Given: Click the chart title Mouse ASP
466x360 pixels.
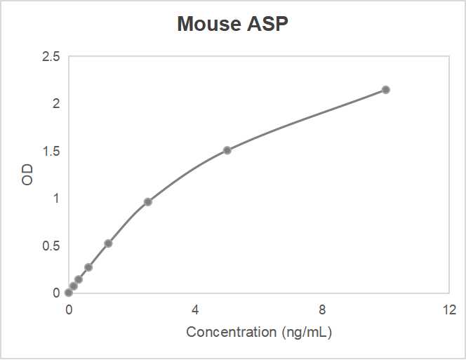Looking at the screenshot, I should [232, 24].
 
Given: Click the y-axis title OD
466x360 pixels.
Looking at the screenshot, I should [27, 175].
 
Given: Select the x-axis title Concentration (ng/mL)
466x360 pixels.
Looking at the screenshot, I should [258, 332].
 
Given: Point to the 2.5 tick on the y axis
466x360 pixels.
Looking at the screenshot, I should [51, 56].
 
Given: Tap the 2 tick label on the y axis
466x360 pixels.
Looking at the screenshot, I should [56, 104].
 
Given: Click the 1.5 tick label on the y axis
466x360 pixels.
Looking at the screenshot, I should [51, 151].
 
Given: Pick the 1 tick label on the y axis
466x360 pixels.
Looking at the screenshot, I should [56, 199].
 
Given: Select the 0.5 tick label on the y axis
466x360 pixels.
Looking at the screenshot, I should [51, 246].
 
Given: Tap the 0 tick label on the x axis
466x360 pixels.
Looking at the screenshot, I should [68, 309].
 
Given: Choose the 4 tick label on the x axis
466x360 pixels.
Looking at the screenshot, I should [195, 309].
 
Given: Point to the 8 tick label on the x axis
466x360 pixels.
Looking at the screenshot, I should [322, 309].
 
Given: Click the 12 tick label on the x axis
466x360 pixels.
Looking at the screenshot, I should [449, 309].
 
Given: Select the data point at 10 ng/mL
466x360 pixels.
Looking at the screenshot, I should [386, 90].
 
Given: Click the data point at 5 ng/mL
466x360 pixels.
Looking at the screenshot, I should [227, 150].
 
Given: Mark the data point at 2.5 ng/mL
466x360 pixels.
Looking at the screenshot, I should [148, 202].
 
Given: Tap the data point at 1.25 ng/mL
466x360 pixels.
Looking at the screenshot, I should [108, 244].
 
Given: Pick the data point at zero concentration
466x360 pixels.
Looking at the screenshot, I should [68, 293].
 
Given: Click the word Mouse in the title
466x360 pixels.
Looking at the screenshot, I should [208, 24].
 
